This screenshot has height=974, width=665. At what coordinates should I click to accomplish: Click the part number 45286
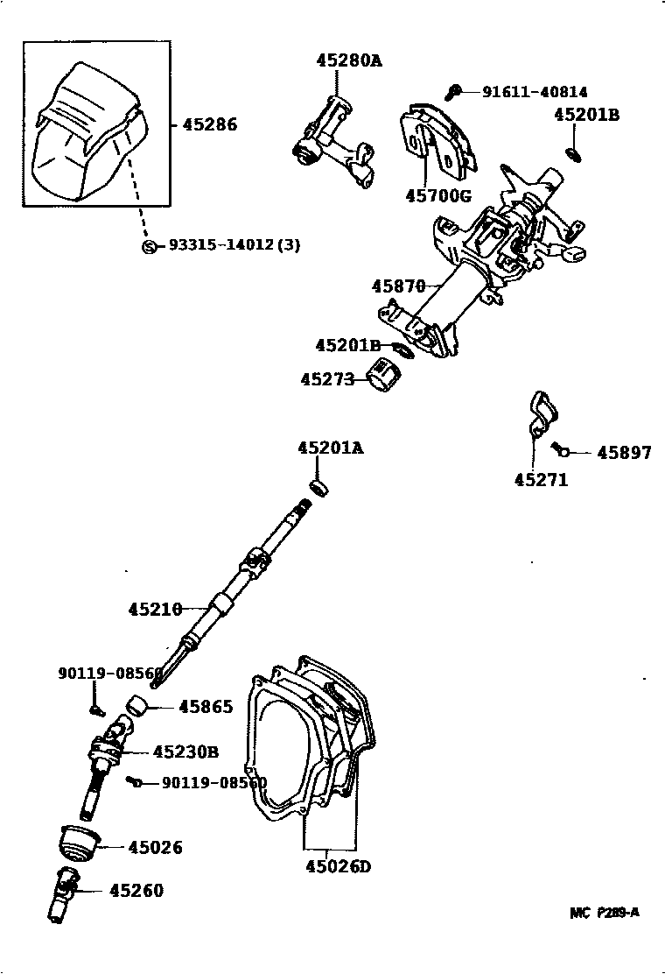[x=209, y=124]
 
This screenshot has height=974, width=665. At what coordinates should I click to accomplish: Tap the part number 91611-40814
[x=535, y=91]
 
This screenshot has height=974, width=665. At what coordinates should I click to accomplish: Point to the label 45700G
[x=437, y=195]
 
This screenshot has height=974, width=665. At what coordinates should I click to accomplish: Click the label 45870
[x=397, y=286]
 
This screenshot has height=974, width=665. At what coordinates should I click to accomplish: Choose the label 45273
[x=326, y=379]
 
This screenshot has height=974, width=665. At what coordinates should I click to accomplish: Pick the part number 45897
[x=624, y=453]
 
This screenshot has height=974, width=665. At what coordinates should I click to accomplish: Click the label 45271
[x=541, y=479]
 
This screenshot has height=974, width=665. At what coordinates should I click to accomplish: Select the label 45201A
[x=330, y=448]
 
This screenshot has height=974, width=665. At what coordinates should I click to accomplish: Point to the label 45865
[x=206, y=706]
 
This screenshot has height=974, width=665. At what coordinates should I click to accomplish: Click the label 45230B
[x=185, y=752]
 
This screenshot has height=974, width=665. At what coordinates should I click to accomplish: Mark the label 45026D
[x=339, y=867]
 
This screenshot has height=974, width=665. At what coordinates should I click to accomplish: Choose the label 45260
[x=136, y=891]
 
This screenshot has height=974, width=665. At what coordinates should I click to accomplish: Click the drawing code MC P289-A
[x=605, y=913]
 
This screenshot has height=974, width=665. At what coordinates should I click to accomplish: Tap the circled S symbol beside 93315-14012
[x=149, y=245]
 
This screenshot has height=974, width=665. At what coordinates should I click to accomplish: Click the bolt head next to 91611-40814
[x=455, y=89]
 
